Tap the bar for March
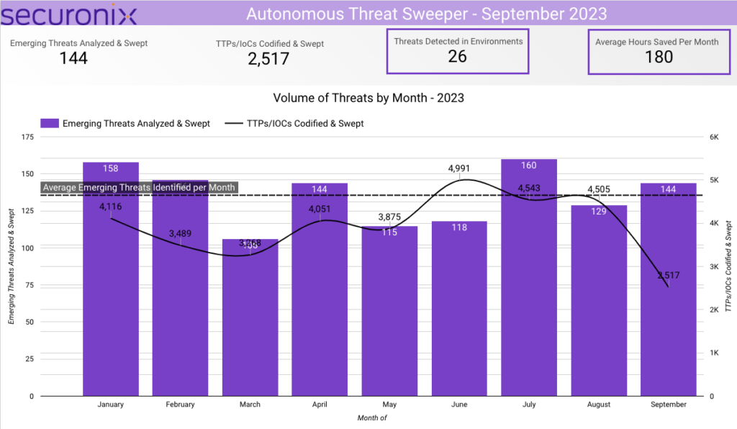[x=250, y=324]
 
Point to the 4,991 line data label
[x=460, y=168]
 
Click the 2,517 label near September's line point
[x=668, y=275]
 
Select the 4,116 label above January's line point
[x=111, y=207]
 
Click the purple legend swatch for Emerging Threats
[x=50, y=124]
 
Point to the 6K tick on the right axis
[x=715, y=137]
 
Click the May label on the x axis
[x=389, y=405]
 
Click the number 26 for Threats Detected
[x=458, y=57]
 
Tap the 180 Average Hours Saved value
[x=659, y=57]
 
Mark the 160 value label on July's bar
[x=529, y=165]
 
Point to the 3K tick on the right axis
[x=715, y=266]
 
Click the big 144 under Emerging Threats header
[x=73, y=58]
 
